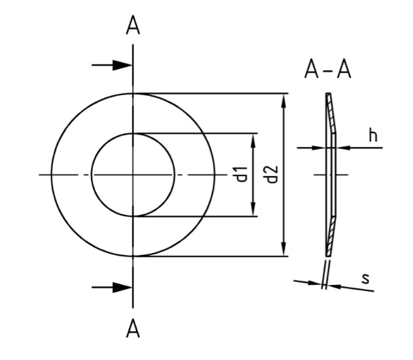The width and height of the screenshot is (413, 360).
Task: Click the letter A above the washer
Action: coord(133,25)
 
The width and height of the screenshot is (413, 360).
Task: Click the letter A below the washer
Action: coord(133,329)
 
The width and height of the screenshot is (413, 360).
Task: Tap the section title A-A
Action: coord(327,70)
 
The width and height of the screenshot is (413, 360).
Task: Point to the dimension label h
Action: coord(373,136)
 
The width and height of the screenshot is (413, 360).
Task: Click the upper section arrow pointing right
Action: coord(120,65)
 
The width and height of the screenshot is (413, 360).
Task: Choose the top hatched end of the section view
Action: coord(330,107)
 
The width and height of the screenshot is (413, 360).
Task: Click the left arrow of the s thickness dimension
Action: coord(314,282)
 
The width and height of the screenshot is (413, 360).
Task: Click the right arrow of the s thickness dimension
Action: coord(335,286)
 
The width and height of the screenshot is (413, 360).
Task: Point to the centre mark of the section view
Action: coord(331,175)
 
